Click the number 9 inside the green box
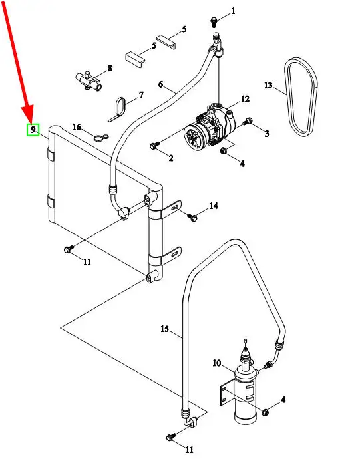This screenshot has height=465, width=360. tap(33, 130)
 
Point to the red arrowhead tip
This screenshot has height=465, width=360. tap(30, 122)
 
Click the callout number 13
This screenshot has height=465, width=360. tap(268, 85)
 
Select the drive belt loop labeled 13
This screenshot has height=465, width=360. tap(301, 97)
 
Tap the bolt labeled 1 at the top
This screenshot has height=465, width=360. tap(214, 21)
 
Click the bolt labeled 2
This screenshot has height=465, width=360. tap(154, 145)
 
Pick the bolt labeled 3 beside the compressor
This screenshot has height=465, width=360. tap(248, 121)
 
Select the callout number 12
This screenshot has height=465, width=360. tap(245, 99)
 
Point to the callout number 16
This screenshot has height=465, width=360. tap(77, 127)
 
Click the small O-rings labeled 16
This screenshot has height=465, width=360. tap(101, 137)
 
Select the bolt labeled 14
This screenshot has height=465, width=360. tap(192, 217)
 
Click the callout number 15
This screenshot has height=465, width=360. tap(164, 329)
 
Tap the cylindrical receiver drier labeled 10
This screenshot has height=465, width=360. tap(245, 389)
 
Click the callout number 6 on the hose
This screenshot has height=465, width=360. tap(160, 84)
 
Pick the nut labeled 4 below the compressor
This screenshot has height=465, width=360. tap(224, 151)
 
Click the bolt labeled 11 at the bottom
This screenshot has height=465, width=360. tap(170, 437)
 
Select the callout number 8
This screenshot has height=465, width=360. tap(110, 68)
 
